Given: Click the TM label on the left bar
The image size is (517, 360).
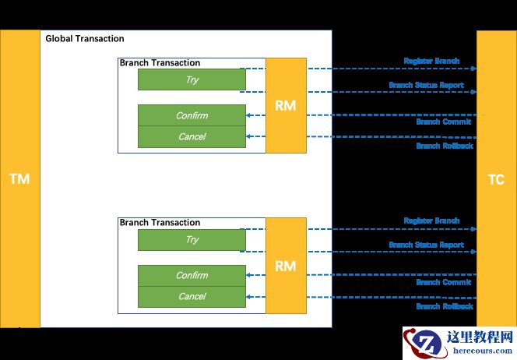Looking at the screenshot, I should [19, 179].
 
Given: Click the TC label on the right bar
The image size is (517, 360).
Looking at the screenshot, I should [496, 180].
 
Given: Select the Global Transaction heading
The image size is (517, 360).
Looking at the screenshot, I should [85, 39].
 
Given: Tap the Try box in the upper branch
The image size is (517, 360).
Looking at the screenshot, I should [192, 79].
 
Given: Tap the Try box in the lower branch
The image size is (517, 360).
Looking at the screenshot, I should [192, 240].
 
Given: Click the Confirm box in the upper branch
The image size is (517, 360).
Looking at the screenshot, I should [192, 115].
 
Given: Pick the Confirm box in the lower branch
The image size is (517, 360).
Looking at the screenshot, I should [192, 275].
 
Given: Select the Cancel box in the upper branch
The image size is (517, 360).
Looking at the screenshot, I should [192, 137].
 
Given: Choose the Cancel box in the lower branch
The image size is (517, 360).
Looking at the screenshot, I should [192, 296].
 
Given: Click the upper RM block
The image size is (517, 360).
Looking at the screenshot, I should [286, 105].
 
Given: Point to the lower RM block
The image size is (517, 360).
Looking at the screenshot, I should [286, 266].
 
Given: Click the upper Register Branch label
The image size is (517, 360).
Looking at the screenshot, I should [431, 61].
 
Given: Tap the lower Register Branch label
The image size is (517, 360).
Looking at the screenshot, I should [431, 221].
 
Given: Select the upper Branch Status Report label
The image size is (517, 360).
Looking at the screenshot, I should [426, 85].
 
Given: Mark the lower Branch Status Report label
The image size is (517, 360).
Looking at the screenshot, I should [426, 245].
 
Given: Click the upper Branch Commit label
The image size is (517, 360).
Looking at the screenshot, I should [443, 122].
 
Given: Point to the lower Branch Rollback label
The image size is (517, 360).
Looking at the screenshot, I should [444, 306].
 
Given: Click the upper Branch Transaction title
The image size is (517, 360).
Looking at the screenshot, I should [160, 63].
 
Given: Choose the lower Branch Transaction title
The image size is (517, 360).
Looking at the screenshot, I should [160, 223].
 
